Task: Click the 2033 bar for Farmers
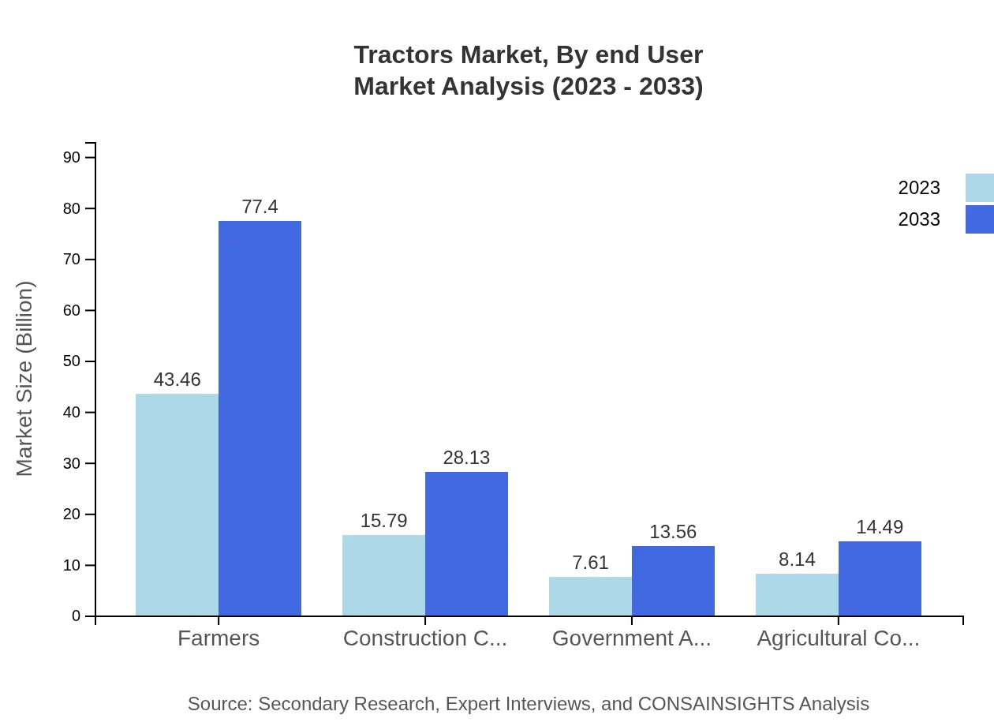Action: tap(260, 418)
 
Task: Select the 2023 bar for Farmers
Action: tap(177, 505)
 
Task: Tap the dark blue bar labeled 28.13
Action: tap(466, 544)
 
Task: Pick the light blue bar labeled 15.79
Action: tap(383, 575)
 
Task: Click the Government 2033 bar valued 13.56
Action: tap(673, 581)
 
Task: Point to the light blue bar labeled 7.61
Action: tap(590, 597)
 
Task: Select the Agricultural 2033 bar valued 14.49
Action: tap(880, 578)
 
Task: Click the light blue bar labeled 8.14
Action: tap(797, 595)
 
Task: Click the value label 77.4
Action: tap(260, 207)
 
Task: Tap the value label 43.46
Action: tap(177, 380)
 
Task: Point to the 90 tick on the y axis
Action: tap(72, 158)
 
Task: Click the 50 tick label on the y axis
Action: tap(72, 361)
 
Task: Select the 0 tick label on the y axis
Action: tap(77, 616)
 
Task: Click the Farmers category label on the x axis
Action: tap(219, 638)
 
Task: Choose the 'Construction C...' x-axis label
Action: tap(424, 638)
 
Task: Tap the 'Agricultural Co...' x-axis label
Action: tap(838, 638)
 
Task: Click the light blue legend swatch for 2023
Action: tap(979, 188)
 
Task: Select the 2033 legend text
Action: tap(919, 219)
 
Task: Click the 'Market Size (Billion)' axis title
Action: tap(24, 379)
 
